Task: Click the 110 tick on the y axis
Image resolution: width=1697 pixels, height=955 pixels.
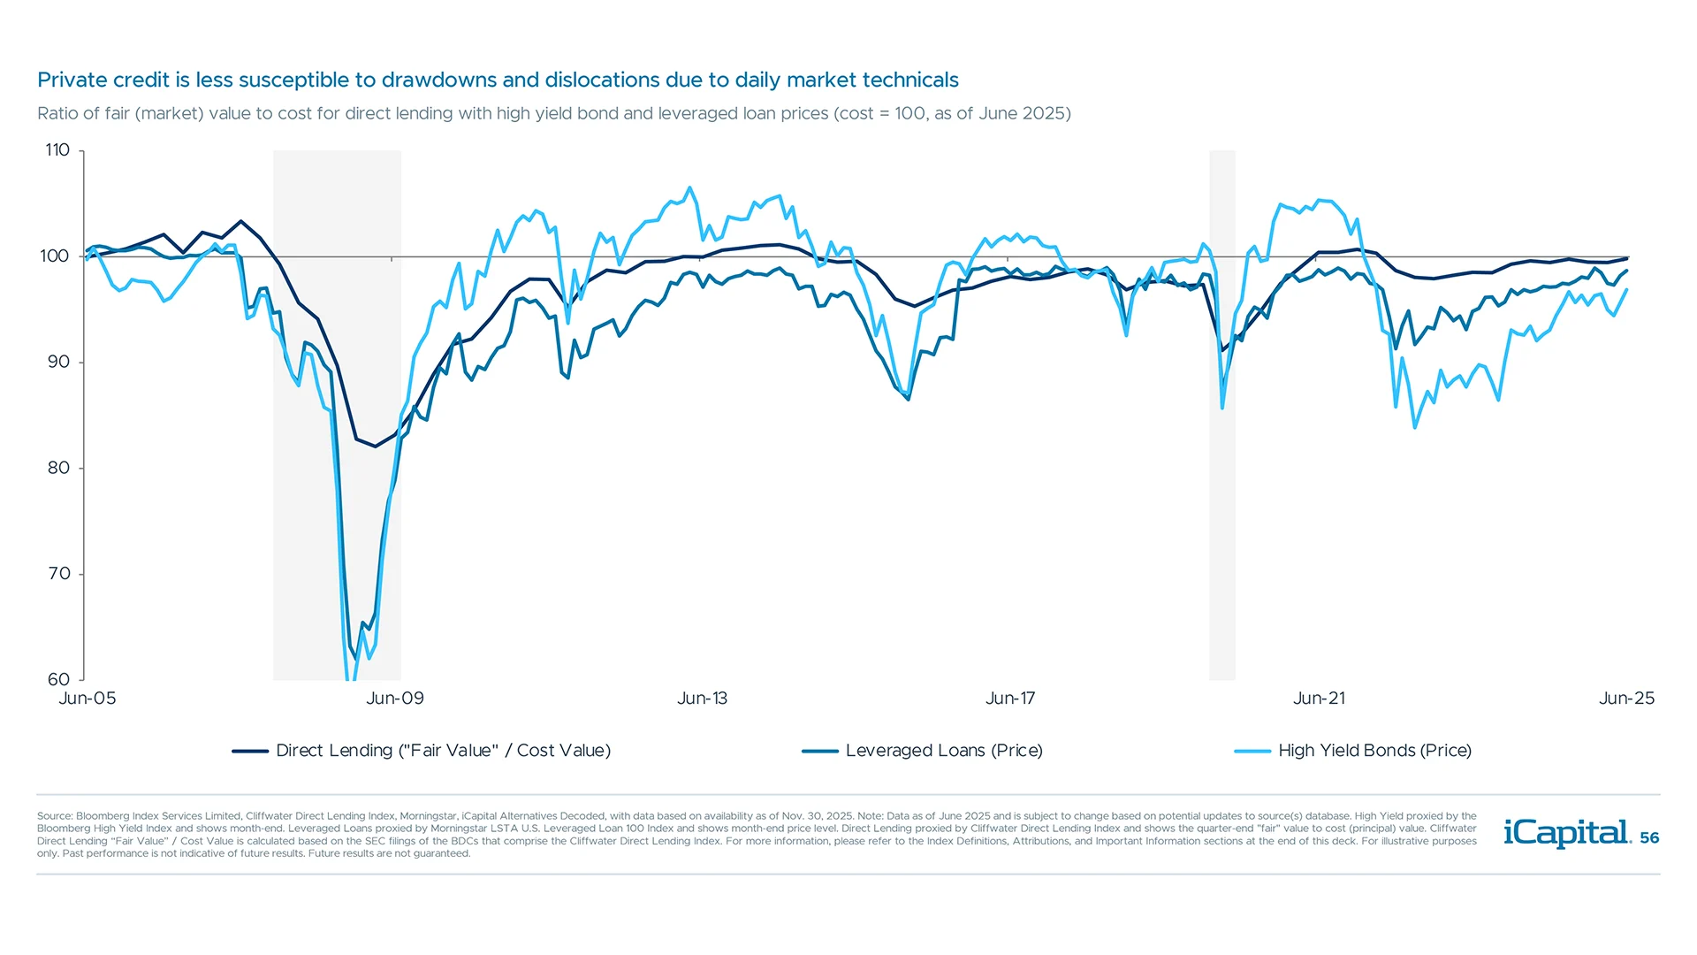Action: point(57,150)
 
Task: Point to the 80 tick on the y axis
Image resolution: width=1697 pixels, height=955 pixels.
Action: point(58,468)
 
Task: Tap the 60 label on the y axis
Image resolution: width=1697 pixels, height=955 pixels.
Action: point(58,679)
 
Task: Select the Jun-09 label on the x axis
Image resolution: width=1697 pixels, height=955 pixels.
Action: point(395,699)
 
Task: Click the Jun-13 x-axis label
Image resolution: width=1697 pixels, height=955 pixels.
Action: point(702,699)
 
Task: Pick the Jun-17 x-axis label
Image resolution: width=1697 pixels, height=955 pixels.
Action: point(1010,699)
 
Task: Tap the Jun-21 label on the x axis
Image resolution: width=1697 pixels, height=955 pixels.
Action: point(1319,699)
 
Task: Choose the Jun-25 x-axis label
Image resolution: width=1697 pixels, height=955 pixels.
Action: point(1626,699)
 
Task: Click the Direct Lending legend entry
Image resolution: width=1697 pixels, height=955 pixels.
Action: point(443,751)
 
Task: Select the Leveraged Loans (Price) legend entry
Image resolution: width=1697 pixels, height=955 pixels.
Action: point(943,751)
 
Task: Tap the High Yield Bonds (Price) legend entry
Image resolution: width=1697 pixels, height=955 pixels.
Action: point(1374,751)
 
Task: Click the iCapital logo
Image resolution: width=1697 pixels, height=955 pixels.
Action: point(1566,833)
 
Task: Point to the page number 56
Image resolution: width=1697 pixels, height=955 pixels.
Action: point(1649,837)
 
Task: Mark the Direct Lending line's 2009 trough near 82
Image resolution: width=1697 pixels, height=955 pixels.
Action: point(375,446)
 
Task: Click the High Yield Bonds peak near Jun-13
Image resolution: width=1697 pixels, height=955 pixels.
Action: point(690,187)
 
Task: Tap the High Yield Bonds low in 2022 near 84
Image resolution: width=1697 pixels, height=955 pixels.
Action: point(1415,427)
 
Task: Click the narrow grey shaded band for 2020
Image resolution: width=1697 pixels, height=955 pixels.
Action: point(1222,416)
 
